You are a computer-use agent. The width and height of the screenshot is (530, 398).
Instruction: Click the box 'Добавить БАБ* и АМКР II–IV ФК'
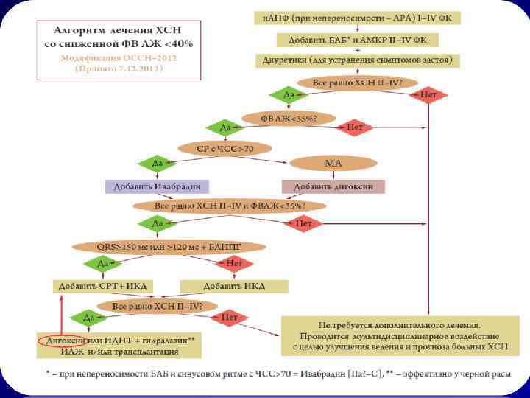[x=358, y=38]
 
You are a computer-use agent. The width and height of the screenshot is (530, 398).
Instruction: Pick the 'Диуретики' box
[x=357, y=59]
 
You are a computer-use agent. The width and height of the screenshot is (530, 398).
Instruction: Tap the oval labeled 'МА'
[x=333, y=163]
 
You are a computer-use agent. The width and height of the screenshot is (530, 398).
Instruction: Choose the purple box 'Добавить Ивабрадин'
[x=157, y=186]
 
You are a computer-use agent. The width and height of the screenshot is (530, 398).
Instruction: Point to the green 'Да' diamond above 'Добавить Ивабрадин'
[x=157, y=163]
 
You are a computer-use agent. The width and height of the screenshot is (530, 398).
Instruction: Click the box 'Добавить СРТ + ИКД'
[x=104, y=285]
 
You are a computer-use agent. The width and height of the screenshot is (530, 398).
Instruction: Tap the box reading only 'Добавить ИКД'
[x=234, y=285]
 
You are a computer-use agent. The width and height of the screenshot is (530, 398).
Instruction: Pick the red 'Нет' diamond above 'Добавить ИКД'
[x=234, y=262]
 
